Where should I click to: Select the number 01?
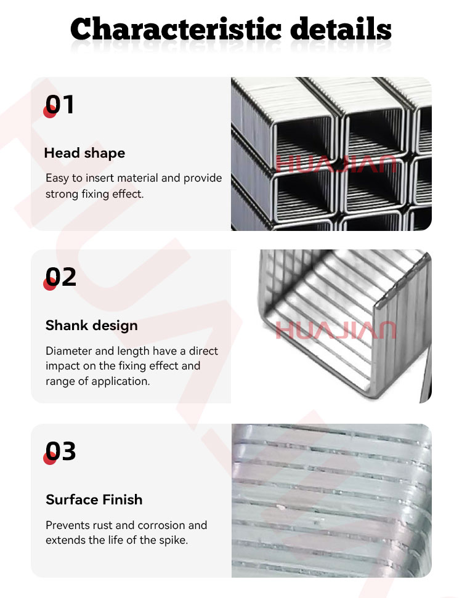60,104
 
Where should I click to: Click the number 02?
60,277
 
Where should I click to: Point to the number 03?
60,451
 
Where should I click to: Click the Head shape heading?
84,153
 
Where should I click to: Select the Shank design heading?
92,325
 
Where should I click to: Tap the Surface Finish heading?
94,499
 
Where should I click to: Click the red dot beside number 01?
50,111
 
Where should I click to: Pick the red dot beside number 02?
50,284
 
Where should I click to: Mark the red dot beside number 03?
50,458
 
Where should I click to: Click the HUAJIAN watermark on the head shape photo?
336,164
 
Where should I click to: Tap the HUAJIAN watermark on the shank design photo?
336,330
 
